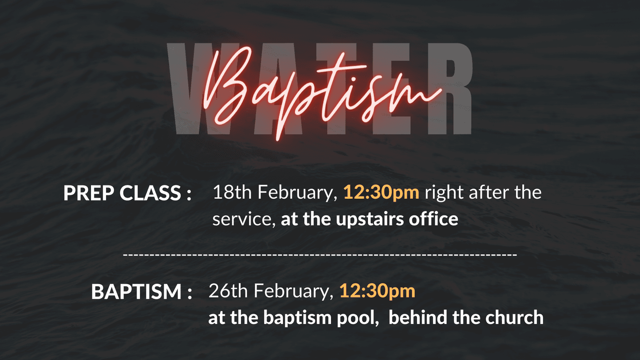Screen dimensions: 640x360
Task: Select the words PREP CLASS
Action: pyautogui.click(x=122, y=193)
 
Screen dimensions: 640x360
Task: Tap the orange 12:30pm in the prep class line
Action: pyautogui.click(x=381, y=193)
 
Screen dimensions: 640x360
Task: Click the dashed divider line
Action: pyautogui.click(x=320, y=254)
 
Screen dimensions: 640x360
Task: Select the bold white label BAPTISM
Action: pyautogui.click(x=136, y=292)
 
